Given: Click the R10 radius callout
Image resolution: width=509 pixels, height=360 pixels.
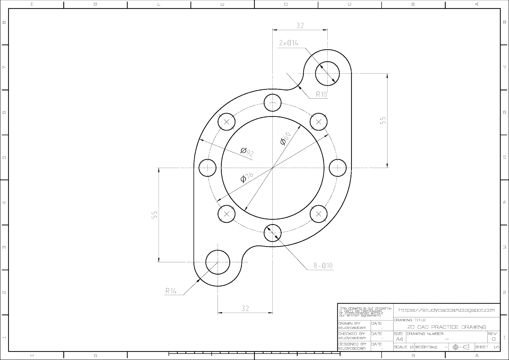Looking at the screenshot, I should click(321, 94).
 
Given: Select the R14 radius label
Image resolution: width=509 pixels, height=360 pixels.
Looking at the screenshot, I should click(171, 291).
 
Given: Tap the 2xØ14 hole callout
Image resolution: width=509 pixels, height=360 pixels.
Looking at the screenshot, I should click(289, 43).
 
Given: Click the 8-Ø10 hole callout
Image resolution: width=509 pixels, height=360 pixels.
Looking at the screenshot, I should click(323, 266).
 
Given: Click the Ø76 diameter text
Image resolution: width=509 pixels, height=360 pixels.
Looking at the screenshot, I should click(247, 177).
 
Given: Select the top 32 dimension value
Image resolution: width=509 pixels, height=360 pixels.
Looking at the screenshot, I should click(300, 26).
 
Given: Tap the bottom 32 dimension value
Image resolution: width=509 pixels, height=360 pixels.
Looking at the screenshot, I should click(245, 308).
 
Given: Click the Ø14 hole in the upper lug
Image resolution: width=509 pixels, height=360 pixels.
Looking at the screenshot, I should click(327, 74).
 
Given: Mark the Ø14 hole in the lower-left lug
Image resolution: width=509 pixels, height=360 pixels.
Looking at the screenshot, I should click(218, 262).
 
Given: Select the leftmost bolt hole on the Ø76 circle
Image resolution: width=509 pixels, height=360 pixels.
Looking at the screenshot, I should click(207, 167).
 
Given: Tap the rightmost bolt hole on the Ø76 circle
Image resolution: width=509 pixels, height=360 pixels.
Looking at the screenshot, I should click(338, 167).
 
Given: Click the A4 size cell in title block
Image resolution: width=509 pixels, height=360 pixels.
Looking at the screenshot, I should click(399, 339).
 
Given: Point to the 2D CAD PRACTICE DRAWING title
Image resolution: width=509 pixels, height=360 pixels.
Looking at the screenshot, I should click(447, 327).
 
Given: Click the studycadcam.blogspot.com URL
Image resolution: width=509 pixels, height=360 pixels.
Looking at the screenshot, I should click(447, 310).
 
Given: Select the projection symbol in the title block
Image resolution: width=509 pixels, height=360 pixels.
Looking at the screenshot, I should click(461, 347).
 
